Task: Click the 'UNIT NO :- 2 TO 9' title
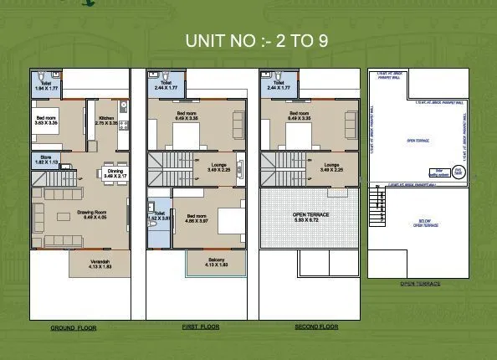point(256,41)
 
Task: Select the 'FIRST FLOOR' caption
point(201,327)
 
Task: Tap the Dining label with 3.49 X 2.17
point(115,174)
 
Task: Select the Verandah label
point(100,264)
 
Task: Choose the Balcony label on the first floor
point(215,263)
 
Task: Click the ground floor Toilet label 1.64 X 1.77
point(44,85)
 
